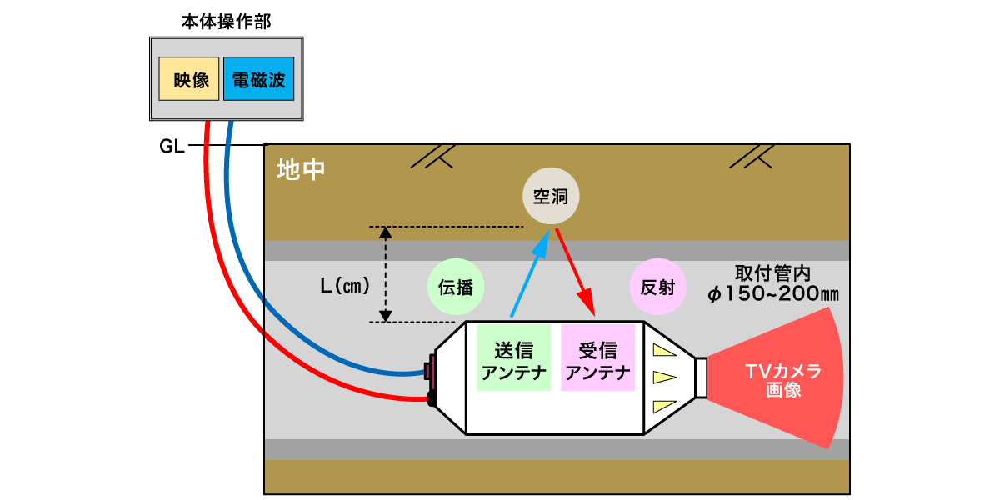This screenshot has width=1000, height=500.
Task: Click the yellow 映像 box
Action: click(189, 78)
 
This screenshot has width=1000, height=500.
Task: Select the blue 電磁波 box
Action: click(259, 78)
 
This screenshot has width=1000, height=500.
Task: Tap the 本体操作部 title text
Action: click(227, 22)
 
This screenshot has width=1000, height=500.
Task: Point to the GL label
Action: click(172, 146)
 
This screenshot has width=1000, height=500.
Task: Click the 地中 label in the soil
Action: click(301, 170)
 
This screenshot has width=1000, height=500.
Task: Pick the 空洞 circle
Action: click(551, 196)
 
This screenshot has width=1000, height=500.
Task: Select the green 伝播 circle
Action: click(456, 287)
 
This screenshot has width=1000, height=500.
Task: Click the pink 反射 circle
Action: click(658, 287)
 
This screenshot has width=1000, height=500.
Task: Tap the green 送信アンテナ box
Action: click(514, 357)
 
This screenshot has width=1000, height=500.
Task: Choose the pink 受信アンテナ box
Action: click(597, 357)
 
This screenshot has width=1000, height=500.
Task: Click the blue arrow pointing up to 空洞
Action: click(530, 273)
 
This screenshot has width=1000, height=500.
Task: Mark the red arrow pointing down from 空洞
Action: click(576, 272)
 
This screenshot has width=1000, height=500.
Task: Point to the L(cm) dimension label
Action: click(345, 286)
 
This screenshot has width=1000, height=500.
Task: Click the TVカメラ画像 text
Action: click(783, 380)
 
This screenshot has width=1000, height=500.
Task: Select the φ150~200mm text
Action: click(773, 293)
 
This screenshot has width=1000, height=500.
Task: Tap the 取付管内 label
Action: click(772, 272)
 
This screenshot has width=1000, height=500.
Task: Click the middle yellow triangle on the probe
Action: click(663, 377)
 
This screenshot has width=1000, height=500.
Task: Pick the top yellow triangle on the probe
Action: click(663, 349)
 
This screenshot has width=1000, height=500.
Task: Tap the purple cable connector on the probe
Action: click(429, 371)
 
